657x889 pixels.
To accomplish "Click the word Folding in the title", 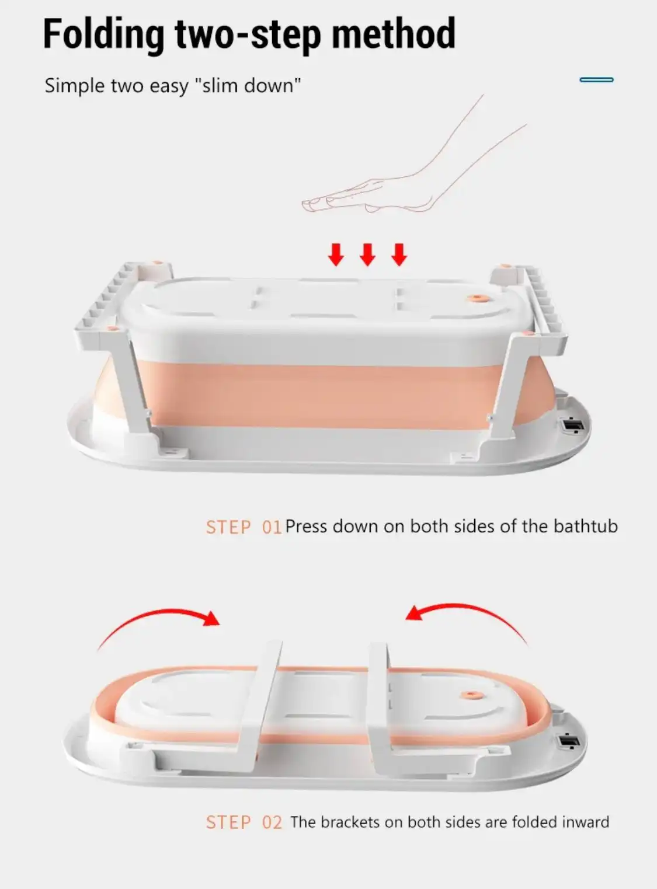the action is pyautogui.click(x=103, y=35).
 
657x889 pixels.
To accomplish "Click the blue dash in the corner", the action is pyautogui.click(x=596, y=80).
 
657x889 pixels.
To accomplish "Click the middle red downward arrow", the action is pyautogui.click(x=367, y=255).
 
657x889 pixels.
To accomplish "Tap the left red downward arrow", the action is pyautogui.click(x=336, y=255).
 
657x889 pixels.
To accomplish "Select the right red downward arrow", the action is pyautogui.click(x=399, y=255).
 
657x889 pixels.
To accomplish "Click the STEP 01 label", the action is pyautogui.click(x=244, y=527).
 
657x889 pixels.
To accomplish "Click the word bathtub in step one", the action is pyautogui.click(x=586, y=526).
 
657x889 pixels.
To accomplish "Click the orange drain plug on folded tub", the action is pyautogui.click(x=472, y=695).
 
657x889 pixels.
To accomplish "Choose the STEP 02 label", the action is pyautogui.click(x=244, y=822).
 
